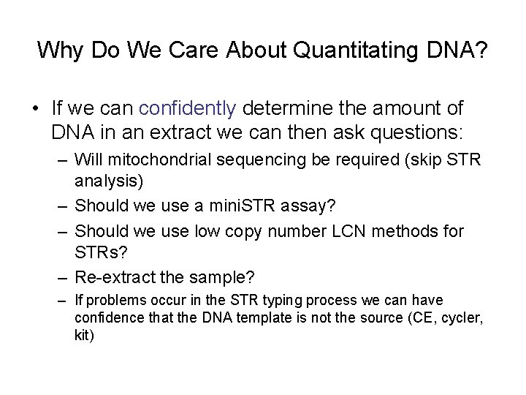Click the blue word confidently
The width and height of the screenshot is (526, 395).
[187, 109]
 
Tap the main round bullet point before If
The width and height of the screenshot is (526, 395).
[35, 110]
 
